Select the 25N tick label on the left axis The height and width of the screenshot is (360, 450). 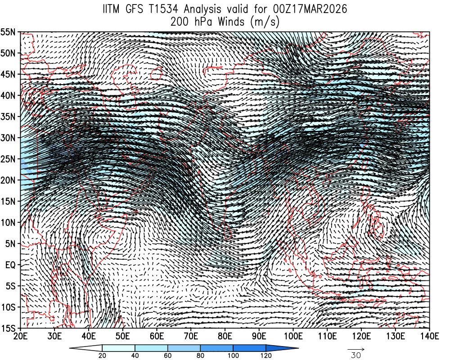point(10,159)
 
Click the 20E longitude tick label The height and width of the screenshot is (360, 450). point(20,336)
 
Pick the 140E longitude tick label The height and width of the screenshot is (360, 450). point(429,336)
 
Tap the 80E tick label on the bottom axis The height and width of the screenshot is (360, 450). point(225,336)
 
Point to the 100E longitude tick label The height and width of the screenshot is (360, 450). point(292,336)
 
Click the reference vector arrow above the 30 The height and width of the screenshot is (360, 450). point(356,349)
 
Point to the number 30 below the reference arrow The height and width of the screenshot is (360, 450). point(356,355)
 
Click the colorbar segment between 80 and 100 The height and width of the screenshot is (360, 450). point(217,348)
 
